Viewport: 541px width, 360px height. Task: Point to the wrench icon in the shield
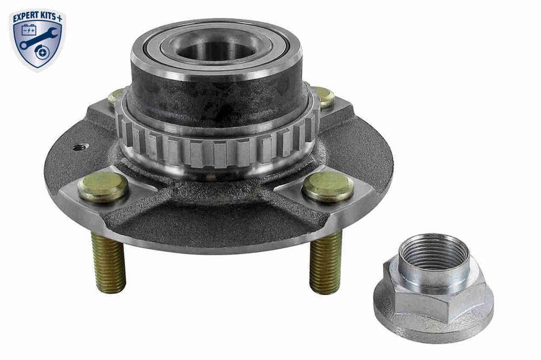point(37,38)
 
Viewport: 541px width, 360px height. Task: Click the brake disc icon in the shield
point(42,52)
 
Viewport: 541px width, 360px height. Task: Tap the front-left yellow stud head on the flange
point(103,186)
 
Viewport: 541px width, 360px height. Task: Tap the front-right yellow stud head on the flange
point(328,186)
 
